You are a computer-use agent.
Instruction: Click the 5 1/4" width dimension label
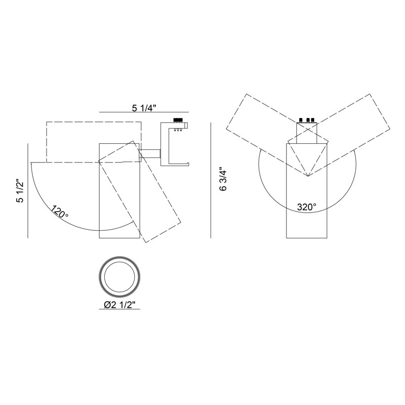point(144,108)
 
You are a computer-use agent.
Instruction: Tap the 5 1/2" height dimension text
point(20,191)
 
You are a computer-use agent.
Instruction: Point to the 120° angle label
point(60,212)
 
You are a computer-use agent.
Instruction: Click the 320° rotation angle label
point(307,207)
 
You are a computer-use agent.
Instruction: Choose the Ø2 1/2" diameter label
point(119,305)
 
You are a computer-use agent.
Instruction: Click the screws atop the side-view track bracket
point(178,120)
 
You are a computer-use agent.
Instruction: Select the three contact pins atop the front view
point(307,120)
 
